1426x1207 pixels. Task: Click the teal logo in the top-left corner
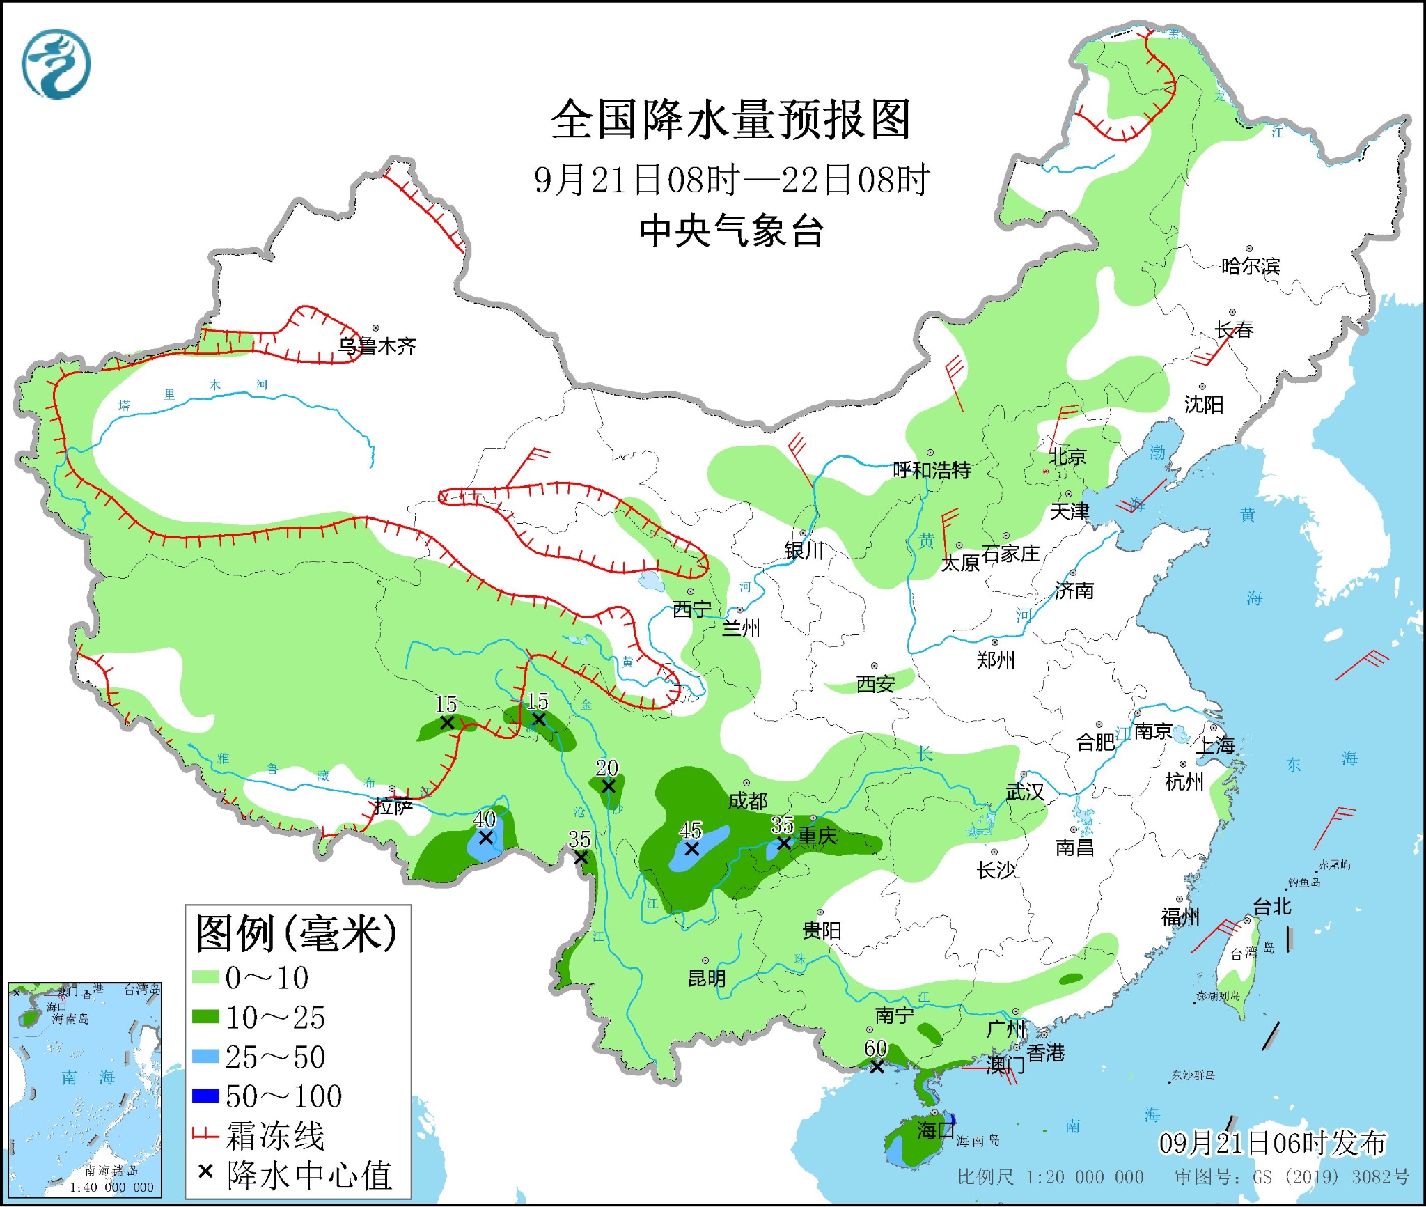click(56, 65)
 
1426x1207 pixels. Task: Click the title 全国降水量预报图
click(730, 120)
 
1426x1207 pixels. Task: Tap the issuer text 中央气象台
click(732, 231)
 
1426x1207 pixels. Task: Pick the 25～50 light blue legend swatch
click(205, 1057)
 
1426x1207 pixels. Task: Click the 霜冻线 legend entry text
click(275, 1137)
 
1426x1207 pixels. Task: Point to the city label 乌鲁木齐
click(377, 346)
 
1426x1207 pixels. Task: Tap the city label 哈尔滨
click(1251, 266)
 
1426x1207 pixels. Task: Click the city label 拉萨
click(393, 807)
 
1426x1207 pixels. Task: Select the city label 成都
click(748, 801)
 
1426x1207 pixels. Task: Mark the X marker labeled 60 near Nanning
click(877, 1066)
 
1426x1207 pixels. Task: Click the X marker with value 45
click(691, 849)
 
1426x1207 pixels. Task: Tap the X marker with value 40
click(486, 838)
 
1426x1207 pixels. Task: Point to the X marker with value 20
click(608, 786)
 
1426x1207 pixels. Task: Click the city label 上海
click(1215, 746)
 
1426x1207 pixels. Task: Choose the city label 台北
click(1272, 907)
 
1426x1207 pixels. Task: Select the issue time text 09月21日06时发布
click(1272, 1144)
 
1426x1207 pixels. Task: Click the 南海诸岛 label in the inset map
click(111, 1171)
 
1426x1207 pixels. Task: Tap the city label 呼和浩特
click(932, 471)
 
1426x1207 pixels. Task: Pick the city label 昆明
click(707, 979)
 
